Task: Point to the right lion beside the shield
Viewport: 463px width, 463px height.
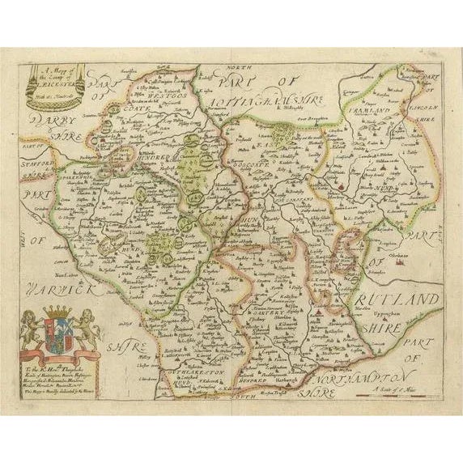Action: tap(88, 328)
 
